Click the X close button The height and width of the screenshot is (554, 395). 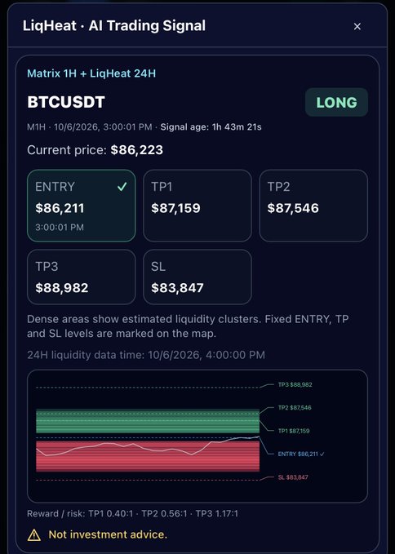[x=357, y=26]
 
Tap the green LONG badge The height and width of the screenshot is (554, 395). [x=336, y=103]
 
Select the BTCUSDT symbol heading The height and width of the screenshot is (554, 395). [x=66, y=102]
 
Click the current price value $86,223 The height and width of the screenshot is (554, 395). [x=137, y=150]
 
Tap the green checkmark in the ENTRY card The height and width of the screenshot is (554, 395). [x=122, y=187]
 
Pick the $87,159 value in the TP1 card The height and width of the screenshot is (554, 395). [x=175, y=208]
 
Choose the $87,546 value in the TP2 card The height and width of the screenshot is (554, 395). [x=293, y=208]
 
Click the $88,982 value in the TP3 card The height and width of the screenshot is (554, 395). [x=62, y=288]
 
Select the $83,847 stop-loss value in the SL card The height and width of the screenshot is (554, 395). [x=177, y=288]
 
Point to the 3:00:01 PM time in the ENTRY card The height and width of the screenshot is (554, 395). [x=60, y=227]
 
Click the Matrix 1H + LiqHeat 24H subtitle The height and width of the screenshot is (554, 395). [x=91, y=73]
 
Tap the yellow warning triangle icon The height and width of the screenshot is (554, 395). [x=34, y=535]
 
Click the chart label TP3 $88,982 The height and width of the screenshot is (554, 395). [x=295, y=385]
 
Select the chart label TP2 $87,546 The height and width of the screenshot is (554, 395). [x=295, y=408]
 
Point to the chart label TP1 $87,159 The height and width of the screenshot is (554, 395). [x=294, y=431]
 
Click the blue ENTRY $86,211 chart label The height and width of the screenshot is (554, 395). [x=300, y=454]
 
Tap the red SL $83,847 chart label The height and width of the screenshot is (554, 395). [x=293, y=477]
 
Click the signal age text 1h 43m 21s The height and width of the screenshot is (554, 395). [x=237, y=127]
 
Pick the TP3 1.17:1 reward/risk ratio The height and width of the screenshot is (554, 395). [x=217, y=514]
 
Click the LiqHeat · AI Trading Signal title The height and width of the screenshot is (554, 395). [x=114, y=26]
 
